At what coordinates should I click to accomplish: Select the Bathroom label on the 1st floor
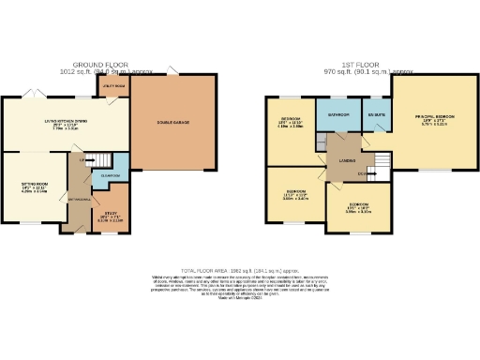[x=337, y=114]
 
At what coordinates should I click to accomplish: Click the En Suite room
[x=376, y=114]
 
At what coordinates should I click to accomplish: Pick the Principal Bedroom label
[x=434, y=118]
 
